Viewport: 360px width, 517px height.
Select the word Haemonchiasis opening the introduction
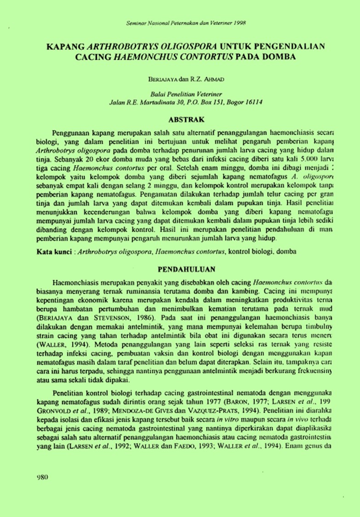76,280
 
